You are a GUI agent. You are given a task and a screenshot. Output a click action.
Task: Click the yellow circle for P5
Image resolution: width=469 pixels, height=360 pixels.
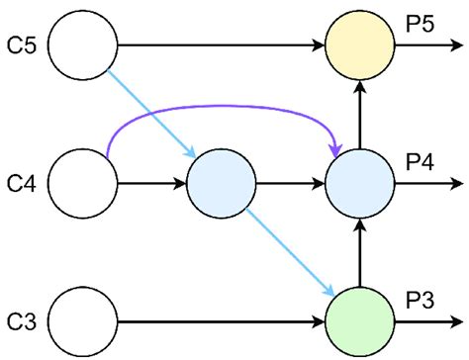pyautogui.click(x=361, y=45)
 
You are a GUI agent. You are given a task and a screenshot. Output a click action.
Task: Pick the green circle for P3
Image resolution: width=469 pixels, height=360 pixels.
pyautogui.click(x=361, y=321)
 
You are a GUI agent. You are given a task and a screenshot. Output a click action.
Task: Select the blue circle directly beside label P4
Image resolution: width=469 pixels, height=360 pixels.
pyautogui.click(x=361, y=184)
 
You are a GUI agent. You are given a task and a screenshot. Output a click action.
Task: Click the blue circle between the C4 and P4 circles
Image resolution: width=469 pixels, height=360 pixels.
pyautogui.click(x=222, y=184)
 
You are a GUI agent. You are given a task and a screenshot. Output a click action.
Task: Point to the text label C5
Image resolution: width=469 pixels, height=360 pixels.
pyautogui.click(x=23, y=45)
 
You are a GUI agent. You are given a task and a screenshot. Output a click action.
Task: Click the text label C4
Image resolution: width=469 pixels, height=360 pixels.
pyautogui.click(x=23, y=184)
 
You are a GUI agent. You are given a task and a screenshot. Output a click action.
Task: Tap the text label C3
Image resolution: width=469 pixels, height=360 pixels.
pyautogui.click(x=23, y=321)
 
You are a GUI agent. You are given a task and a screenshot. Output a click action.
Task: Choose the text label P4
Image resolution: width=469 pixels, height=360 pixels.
pyautogui.click(x=420, y=162)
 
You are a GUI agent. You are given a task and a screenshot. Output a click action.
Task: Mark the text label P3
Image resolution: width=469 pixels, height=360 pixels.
pyautogui.click(x=420, y=300)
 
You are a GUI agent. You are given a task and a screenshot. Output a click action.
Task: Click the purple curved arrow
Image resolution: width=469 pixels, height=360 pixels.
pyautogui.click(x=223, y=107)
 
